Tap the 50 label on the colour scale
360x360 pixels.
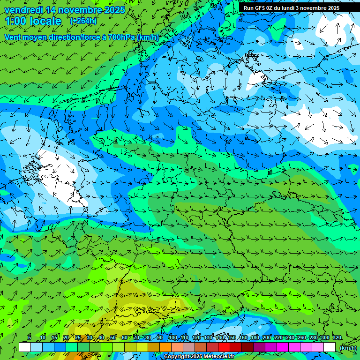coord(113,338)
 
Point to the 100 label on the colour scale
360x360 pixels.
coord(173,338)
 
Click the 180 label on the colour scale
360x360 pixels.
coord(255,338)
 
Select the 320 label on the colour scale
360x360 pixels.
coord(337,338)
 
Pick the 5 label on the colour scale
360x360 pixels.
coord(30,338)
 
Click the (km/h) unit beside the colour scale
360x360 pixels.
coord(348,348)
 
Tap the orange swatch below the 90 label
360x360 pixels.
coord(165,347)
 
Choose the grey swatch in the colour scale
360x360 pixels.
coord(189,347)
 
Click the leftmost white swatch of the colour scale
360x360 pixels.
coord(25,347)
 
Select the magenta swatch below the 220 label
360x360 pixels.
coord(283,347)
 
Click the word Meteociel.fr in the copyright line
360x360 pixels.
coord(219,357)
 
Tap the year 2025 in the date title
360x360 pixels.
coord(114,10)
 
